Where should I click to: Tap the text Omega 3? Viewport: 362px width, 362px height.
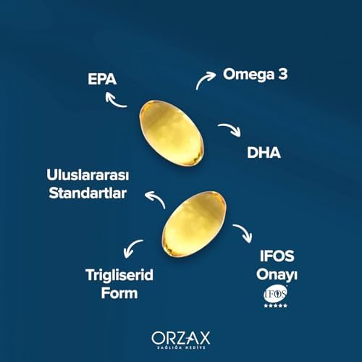click(x=255, y=74)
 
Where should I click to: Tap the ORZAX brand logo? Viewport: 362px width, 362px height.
click(x=180, y=337)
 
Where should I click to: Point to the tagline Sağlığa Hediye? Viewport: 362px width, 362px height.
click(x=180, y=348)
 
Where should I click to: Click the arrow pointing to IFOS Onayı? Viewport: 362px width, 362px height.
click(x=245, y=234)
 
